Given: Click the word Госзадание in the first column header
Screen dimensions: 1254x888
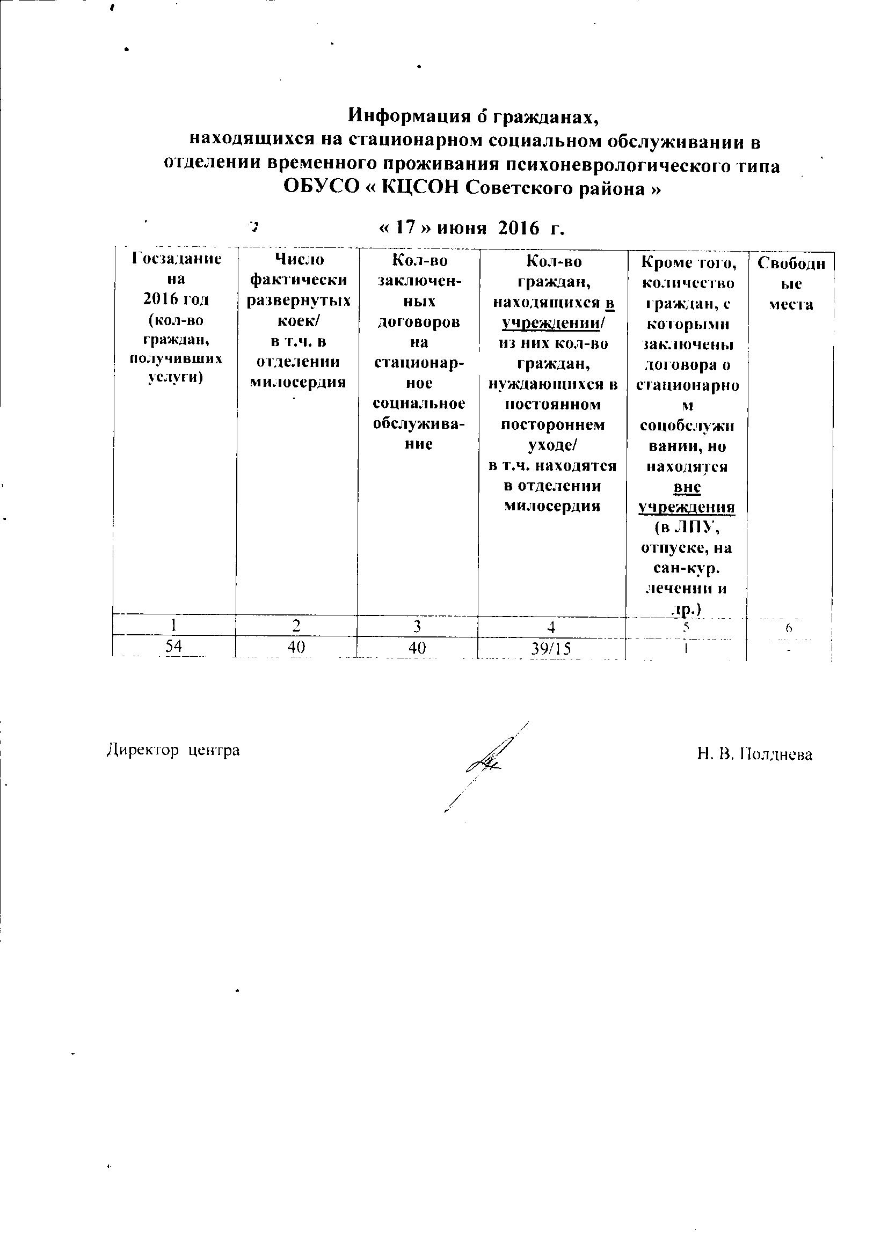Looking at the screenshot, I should click(177, 258).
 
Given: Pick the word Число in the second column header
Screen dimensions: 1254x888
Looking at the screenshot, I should click(299, 259).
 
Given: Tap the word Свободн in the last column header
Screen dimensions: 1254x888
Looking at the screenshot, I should click(791, 263).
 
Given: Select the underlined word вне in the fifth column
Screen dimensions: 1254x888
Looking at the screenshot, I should click(687, 487).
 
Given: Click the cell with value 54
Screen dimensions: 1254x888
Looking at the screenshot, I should click(174, 647).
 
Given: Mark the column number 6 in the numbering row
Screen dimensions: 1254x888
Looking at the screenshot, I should click(789, 628).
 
